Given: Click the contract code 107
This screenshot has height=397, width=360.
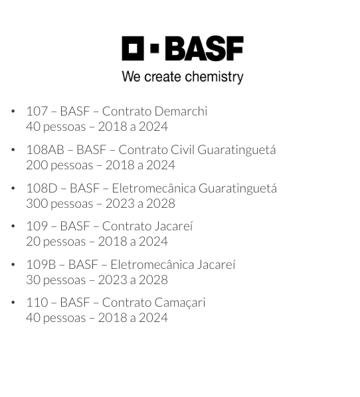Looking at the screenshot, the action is click(x=37, y=111).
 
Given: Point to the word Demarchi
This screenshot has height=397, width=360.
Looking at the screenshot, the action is click(x=181, y=111).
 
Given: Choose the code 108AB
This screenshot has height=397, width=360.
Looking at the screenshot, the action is click(x=45, y=149).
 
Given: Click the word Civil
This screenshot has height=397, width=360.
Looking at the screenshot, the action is click(x=183, y=149).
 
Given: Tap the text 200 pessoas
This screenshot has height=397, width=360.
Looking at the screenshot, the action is click(x=60, y=165).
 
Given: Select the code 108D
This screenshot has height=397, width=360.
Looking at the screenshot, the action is click(x=42, y=188).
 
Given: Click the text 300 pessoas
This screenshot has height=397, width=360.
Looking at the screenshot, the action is click(x=60, y=204).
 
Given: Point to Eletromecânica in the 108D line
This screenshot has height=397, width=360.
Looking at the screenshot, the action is click(x=154, y=188).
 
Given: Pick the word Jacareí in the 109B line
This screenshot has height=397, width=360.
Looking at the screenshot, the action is click(x=216, y=265).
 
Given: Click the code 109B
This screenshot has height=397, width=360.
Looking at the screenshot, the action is click(x=41, y=265).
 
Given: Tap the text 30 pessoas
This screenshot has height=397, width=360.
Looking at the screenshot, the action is click(x=56, y=280).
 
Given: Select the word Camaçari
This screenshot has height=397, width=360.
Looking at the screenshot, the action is click(x=179, y=303).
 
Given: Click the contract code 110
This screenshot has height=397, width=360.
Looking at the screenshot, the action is click(x=37, y=302).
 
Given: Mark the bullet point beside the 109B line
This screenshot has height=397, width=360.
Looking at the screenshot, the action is click(x=13, y=264).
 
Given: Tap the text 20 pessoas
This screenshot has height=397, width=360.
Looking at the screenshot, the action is click(x=56, y=242).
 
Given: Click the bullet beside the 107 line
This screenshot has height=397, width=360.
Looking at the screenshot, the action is click(x=13, y=111).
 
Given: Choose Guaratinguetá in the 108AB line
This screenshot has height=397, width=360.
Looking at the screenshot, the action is click(x=236, y=149).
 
